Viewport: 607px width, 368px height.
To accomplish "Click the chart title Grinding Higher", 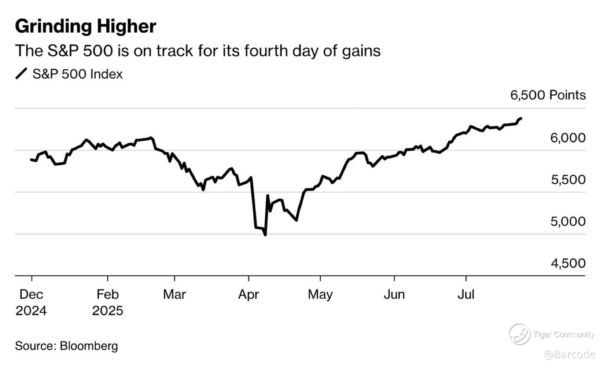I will [x=85, y=26].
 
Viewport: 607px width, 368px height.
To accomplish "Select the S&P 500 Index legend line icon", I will [x=21, y=74].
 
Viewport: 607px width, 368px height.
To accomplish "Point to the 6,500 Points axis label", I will [x=548, y=95].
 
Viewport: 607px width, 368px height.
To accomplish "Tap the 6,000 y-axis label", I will [x=567, y=138].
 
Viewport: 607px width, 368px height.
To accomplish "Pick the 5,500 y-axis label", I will [x=568, y=179].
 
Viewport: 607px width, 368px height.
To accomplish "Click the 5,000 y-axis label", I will [x=568, y=222].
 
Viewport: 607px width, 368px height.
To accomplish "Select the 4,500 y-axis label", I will [x=568, y=263].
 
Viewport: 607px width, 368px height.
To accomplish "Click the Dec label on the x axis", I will [x=31, y=294].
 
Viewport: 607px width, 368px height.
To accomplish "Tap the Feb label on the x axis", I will [x=108, y=294].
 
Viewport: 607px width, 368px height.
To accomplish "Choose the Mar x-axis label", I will [x=174, y=294].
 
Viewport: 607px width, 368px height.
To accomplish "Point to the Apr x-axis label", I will [x=249, y=294].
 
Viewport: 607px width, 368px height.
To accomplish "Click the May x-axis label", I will [x=320, y=294].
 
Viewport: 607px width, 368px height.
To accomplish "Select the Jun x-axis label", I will [x=394, y=294].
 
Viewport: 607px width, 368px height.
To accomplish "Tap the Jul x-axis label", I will [x=466, y=294].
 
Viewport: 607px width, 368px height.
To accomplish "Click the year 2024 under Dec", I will [x=31, y=310].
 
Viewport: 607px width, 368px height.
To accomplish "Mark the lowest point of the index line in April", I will [x=265, y=235].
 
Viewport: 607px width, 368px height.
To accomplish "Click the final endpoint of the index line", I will [x=521, y=118].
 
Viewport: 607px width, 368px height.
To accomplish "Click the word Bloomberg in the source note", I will [x=89, y=346].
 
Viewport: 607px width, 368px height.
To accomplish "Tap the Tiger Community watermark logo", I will [x=519, y=334].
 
